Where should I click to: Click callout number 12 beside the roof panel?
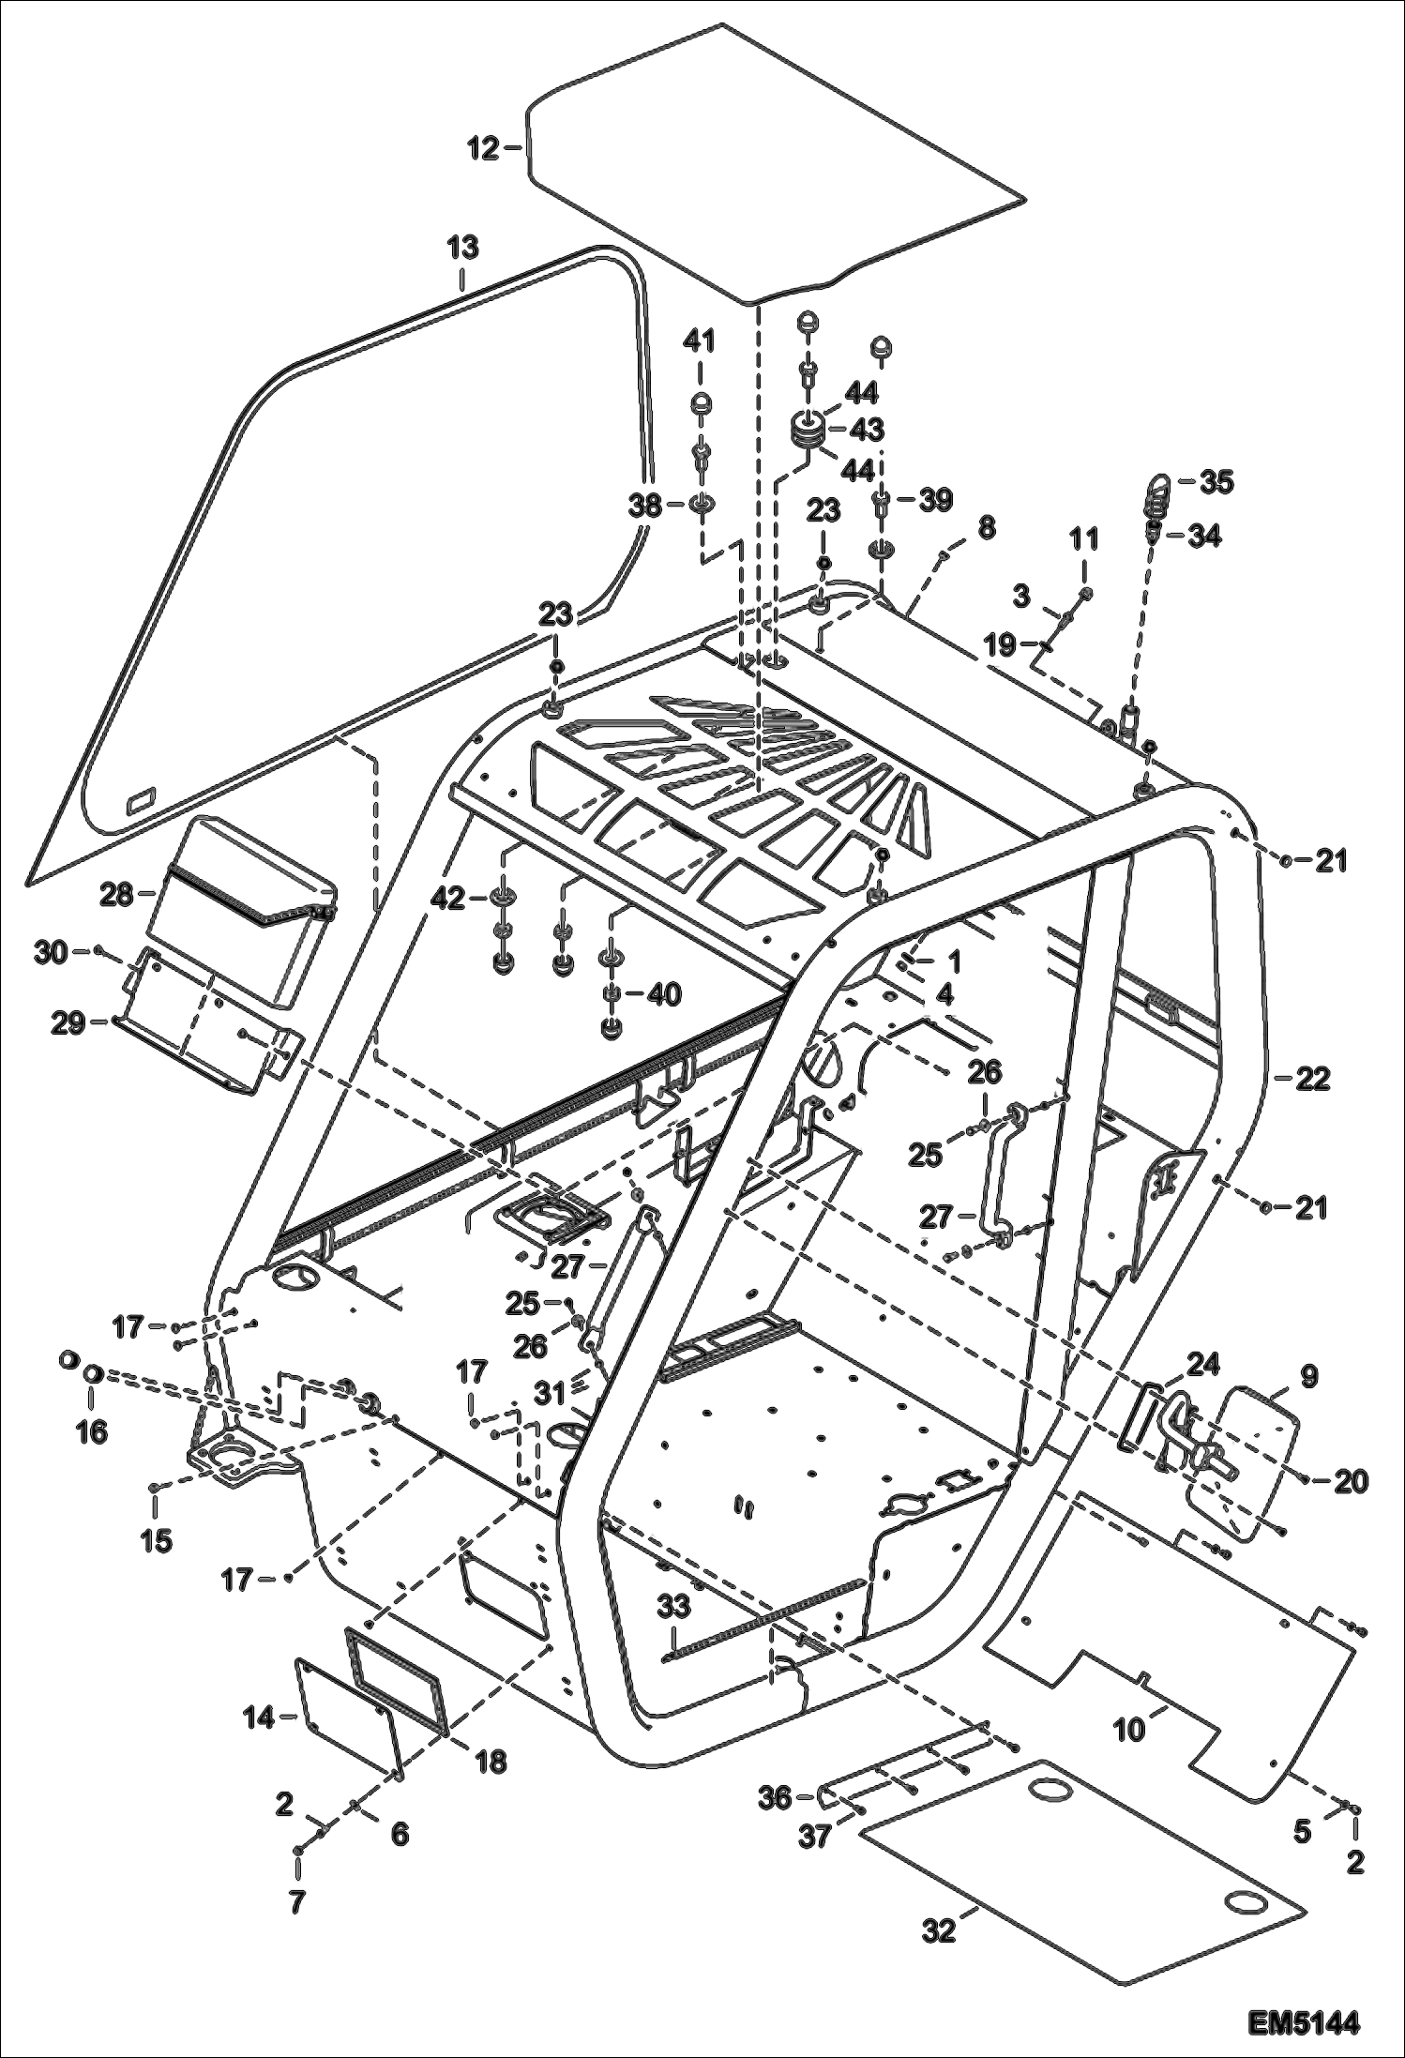[x=484, y=148]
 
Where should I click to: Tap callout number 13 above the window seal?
[x=462, y=249]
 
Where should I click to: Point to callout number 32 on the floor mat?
[x=939, y=1930]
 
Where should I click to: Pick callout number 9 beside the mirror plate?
[x=1308, y=1377]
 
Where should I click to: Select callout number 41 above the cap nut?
[x=699, y=340]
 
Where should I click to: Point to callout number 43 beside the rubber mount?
[x=866, y=431]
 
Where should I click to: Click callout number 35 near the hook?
[x=1216, y=483]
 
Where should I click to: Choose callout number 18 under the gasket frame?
[x=491, y=1762]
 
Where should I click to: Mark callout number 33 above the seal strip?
[x=673, y=1606]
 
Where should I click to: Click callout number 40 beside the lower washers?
[x=664, y=994]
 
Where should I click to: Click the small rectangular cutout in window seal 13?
[x=143, y=799]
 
